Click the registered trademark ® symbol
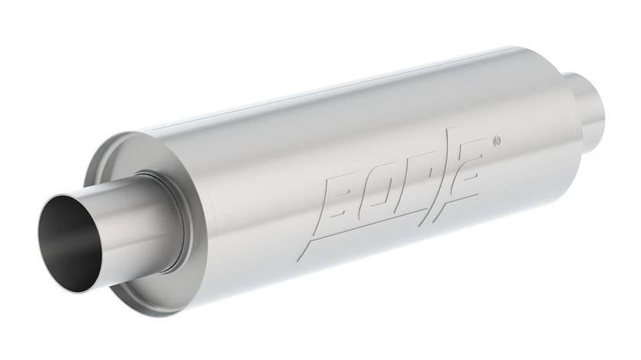click(x=497, y=141)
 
